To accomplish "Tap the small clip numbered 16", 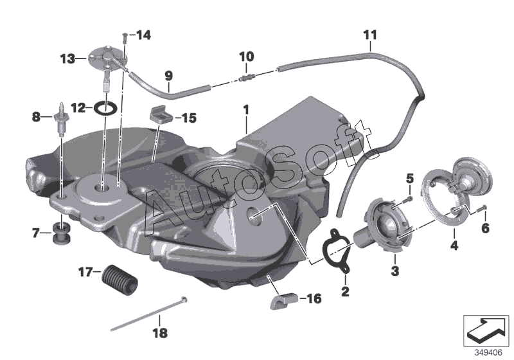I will pyautogui.click(x=283, y=300).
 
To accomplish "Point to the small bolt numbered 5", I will pyautogui.click(x=409, y=198).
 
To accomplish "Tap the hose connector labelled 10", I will pyautogui.click(x=245, y=79).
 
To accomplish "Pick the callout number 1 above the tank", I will pyautogui.click(x=245, y=110).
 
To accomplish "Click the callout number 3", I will pyautogui.click(x=394, y=272).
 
